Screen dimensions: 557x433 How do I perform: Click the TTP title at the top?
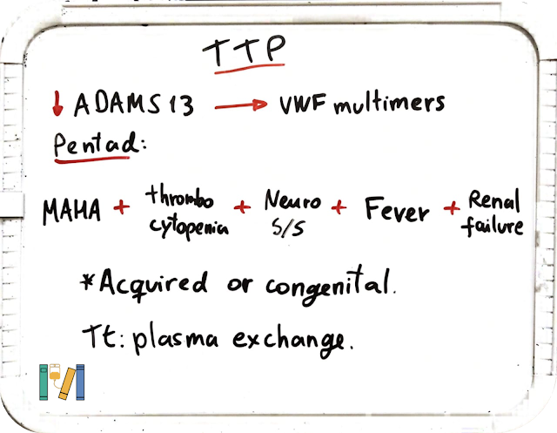point(244,51)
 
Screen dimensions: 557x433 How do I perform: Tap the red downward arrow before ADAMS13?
point(57,104)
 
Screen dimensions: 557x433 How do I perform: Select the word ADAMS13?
point(133,105)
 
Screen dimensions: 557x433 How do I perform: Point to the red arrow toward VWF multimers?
point(241,105)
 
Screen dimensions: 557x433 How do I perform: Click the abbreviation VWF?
point(303,105)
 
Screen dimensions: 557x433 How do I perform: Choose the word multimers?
point(389,104)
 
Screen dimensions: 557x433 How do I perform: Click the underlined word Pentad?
point(96,144)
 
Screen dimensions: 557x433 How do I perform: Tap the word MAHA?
point(71,211)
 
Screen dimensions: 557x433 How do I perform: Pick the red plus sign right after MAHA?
point(122,206)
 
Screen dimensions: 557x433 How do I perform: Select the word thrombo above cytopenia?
point(179,197)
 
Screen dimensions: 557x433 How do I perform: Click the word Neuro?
point(292,200)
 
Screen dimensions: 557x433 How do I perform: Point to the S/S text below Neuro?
point(288,227)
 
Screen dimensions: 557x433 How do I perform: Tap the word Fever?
point(397,209)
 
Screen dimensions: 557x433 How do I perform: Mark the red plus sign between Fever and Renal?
point(452,207)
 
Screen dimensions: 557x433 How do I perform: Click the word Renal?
point(494,200)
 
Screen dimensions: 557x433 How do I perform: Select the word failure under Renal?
point(493,226)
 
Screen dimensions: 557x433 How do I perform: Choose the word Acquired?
point(153,284)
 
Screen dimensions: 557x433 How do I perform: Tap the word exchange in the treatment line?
point(288,340)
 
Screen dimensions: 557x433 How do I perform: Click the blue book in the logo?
point(80,382)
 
